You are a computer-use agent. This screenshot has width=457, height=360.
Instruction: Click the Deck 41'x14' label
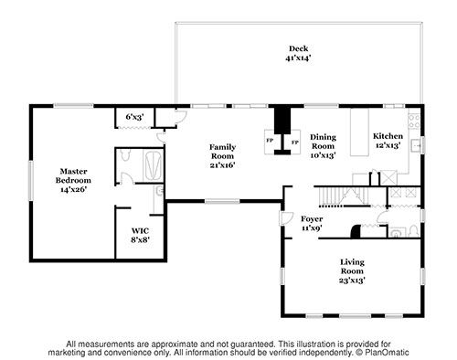point(298,53)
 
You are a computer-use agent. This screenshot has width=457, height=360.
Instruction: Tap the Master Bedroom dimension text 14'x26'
point(74,189)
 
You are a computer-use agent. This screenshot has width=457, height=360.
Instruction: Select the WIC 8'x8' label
point(140,235)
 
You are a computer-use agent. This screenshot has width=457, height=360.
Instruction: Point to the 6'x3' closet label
point(134,117)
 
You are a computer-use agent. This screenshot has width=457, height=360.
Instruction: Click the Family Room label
point(222,152)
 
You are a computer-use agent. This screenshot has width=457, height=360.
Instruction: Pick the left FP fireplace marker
point(270,141)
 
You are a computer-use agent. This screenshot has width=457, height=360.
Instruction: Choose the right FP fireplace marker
point(294,142)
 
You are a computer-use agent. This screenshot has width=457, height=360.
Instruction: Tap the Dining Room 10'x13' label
point(323,146)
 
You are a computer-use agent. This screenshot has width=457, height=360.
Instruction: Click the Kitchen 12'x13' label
point(388,141)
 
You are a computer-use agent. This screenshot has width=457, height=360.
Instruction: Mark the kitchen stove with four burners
point(414,121)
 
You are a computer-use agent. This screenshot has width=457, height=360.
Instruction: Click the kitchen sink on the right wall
point(416,145)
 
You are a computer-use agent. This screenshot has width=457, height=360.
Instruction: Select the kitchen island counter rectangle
point(359,132)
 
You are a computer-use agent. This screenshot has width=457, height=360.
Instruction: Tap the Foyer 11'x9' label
point(312,223)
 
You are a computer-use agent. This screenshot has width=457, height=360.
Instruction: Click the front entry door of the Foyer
point(286,218)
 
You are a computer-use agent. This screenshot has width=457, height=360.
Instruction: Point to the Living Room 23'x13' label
point(352,270)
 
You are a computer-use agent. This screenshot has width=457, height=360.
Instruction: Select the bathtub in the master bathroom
point(154,165)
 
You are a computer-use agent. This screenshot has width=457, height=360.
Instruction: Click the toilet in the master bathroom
point(125,154)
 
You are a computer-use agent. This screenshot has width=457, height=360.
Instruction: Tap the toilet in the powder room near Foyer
point(413,231)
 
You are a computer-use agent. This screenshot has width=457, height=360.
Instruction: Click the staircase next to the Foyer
point(345,196)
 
